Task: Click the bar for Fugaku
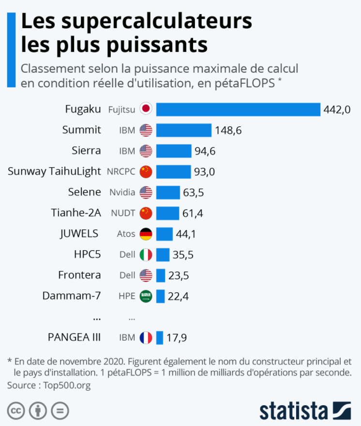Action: click(238, 109)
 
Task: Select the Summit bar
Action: click(183, 130)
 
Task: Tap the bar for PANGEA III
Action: click(160, 337)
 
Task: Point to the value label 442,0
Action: click(337, 109)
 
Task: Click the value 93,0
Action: click(205, 171)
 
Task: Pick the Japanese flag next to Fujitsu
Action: click(146, 109)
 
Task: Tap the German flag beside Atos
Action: click(146, 234)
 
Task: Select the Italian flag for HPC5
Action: click(146, 255)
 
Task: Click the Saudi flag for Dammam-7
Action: click(146, 296)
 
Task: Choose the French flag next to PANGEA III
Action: click(146, 337)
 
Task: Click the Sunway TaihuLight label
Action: click(54, 171)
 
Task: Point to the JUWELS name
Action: click(79, 234)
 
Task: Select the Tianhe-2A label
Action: click(76, 213)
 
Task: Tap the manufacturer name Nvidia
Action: click(122, 192)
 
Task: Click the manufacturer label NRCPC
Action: click(121, 171)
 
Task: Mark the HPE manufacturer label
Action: click(127, 296)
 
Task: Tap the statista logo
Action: click(305, 411)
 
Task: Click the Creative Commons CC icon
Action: click(16, 411)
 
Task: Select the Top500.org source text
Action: click(67, 385)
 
